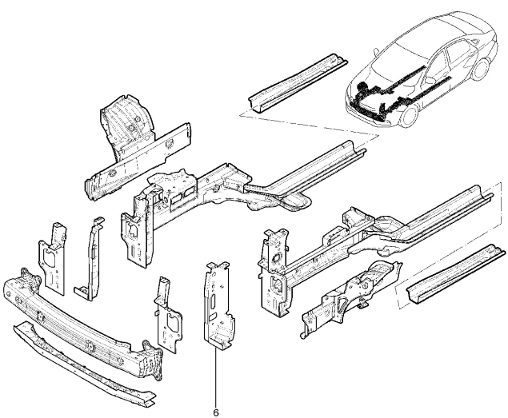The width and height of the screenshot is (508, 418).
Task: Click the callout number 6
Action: point(216,412)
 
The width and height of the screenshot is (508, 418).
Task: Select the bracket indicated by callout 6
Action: point(218,306)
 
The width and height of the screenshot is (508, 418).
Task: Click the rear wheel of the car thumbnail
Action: point(480,70)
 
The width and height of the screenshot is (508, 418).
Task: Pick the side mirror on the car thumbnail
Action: point(376,51)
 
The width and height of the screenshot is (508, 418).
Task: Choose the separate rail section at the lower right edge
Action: point(455,274)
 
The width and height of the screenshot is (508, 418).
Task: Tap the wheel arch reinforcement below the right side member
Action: point(351,297)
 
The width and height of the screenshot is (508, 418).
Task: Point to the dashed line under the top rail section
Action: point(310,125)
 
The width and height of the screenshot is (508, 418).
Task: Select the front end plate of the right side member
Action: point(274,273)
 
